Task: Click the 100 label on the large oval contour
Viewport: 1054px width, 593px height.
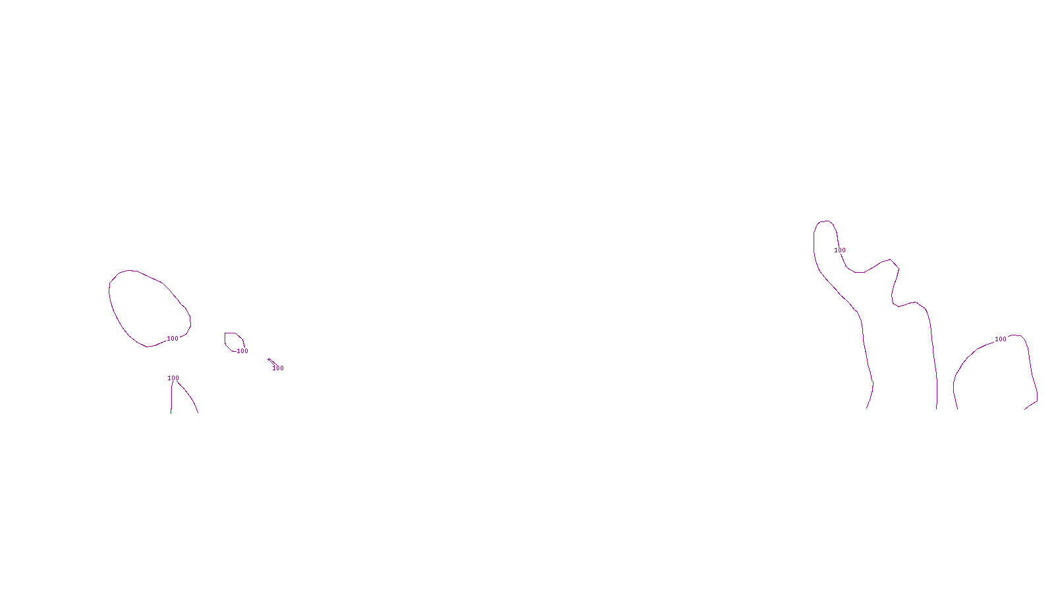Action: point(173,339)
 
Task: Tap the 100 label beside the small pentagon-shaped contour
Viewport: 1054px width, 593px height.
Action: point(242,351)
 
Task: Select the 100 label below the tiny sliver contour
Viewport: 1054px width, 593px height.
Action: point(278,368)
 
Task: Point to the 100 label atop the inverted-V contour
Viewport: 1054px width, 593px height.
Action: point(173,378)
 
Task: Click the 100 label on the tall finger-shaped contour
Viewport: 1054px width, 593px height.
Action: point(840,250)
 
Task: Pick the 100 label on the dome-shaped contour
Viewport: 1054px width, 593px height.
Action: point(1001,339)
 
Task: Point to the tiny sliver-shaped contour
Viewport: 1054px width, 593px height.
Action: point(271,361)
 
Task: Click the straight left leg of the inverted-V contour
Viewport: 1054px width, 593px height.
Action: point(172,399)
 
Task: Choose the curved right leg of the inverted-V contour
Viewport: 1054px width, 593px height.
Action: point(190,397)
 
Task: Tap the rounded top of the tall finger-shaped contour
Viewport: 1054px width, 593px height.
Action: point(824,221)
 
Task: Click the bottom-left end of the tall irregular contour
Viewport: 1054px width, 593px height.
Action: point(867,407)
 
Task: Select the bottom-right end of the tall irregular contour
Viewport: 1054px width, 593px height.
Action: point(937,407)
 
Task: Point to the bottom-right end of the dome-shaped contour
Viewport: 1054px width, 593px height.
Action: point(1026,408)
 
